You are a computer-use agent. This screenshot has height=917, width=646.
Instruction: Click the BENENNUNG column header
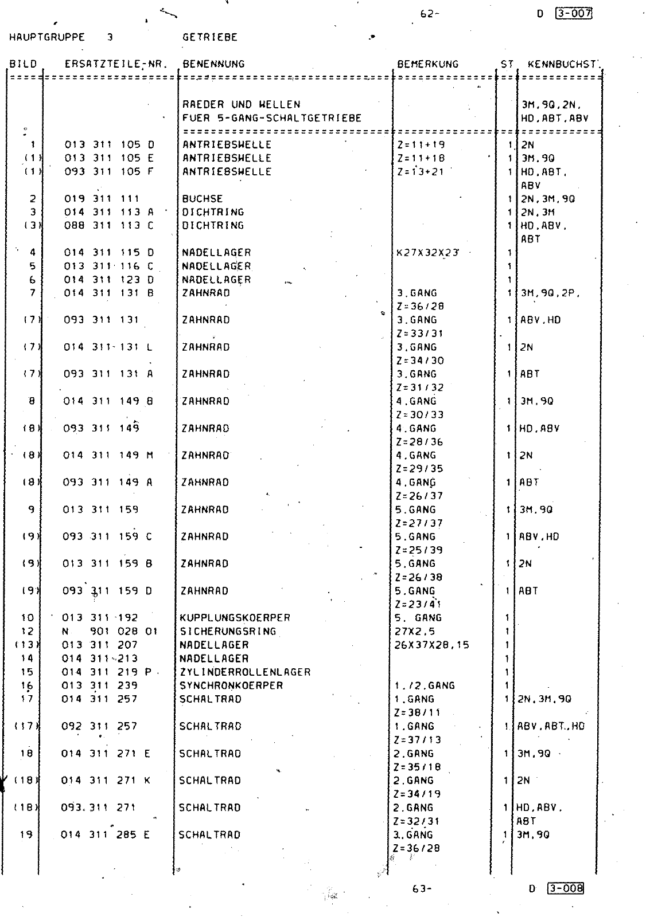point(213,64)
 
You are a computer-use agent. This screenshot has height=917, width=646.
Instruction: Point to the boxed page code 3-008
point(566,888)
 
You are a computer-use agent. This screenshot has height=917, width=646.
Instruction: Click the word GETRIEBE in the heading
point(210,37)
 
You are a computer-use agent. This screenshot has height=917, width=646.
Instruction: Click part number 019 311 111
point(102,199)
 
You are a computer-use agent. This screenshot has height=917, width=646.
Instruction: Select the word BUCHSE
point(203,199)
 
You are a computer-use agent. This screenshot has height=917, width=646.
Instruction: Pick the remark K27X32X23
point(427,252)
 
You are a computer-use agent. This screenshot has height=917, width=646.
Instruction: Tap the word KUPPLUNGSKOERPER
point(235,618)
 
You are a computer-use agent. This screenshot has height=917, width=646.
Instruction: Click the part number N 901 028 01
point(110,632)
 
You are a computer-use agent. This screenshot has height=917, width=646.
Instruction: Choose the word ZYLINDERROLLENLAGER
point(245,672)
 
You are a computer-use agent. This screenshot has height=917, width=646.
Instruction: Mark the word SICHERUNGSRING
point(228,632)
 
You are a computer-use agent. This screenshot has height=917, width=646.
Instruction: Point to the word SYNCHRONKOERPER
point(231,685)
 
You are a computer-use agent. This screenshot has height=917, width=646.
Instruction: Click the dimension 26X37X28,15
point(431,645)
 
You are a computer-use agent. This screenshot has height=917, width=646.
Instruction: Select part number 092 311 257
point(99,726)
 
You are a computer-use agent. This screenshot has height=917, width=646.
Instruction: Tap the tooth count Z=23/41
point(418,604)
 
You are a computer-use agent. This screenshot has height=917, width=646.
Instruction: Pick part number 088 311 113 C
point(109,225)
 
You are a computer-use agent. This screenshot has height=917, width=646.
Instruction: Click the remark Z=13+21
point(421,171)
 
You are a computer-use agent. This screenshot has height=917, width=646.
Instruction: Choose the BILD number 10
point(28,618)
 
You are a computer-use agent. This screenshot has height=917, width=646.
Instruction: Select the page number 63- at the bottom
point(422,889)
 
